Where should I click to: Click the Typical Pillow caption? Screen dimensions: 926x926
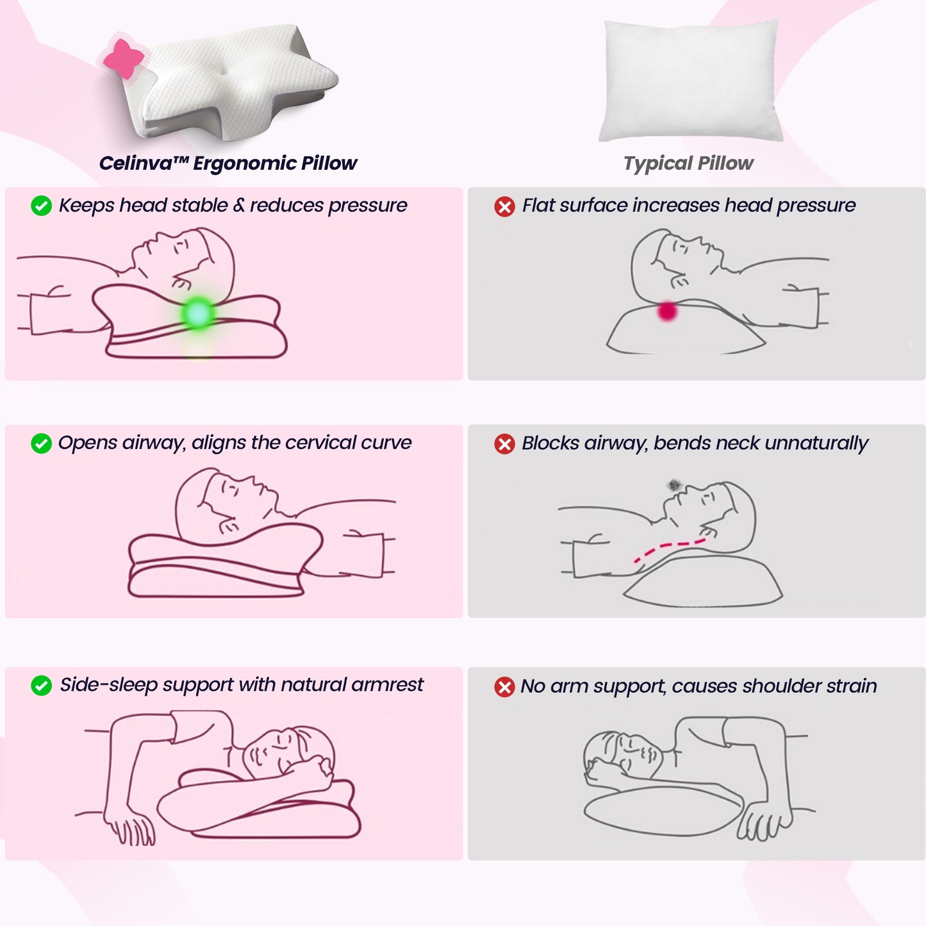tap(688, 163)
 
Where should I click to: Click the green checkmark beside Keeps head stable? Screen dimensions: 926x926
tap(42, 206)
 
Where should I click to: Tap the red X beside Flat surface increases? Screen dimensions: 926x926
tap(504, 206)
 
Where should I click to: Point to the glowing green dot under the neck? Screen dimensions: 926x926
tap(198, 313)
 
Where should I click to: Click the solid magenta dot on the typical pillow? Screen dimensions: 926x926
tap(667, 311)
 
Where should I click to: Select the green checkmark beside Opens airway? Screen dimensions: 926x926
tap(42, 443)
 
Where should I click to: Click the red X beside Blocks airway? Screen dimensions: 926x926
tap(504, 443)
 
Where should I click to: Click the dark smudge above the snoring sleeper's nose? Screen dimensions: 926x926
tap(673, 485)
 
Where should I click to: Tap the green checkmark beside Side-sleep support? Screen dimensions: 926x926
tap(42, 686)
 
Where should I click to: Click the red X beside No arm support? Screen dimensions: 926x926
tap(504, 687)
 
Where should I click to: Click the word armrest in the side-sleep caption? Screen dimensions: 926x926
tap(387, 685)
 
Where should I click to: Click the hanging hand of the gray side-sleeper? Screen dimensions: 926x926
tap(763, 823)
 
